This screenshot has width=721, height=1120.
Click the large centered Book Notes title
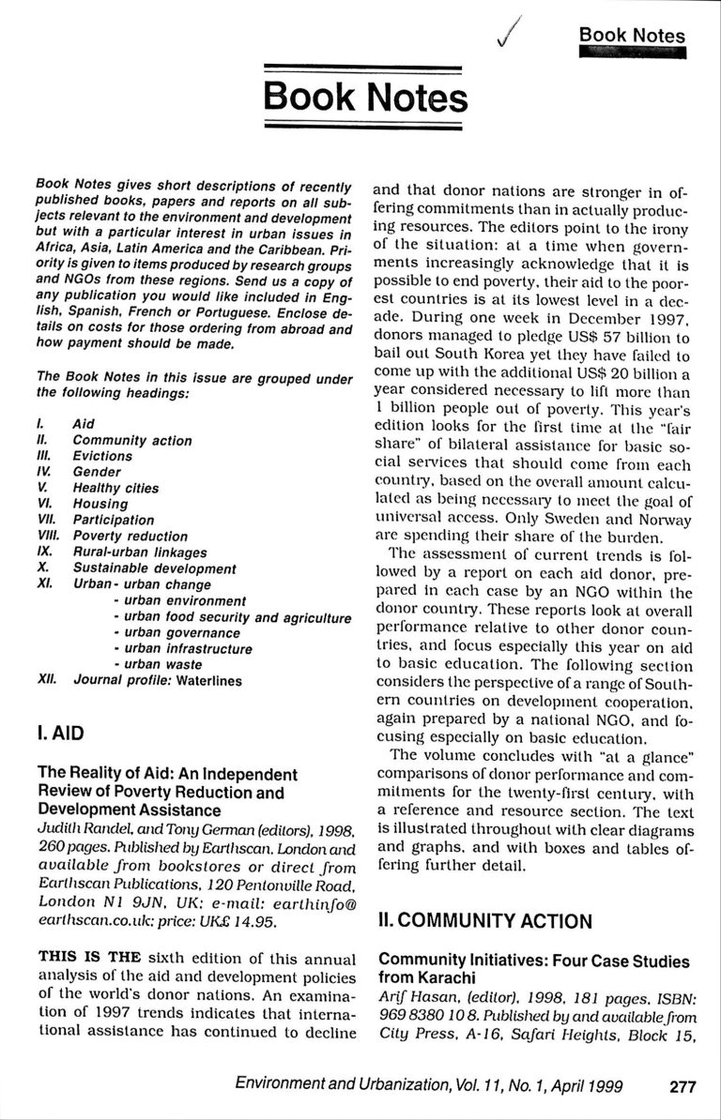coord(363,97)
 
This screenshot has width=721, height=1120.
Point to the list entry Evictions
coord(102,456)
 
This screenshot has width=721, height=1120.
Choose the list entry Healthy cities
coord(115,488)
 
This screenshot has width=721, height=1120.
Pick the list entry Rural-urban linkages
coord(140,552)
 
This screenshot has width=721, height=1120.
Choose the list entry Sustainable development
coord(154,568)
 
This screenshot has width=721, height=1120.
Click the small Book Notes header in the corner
coord(631,36)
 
